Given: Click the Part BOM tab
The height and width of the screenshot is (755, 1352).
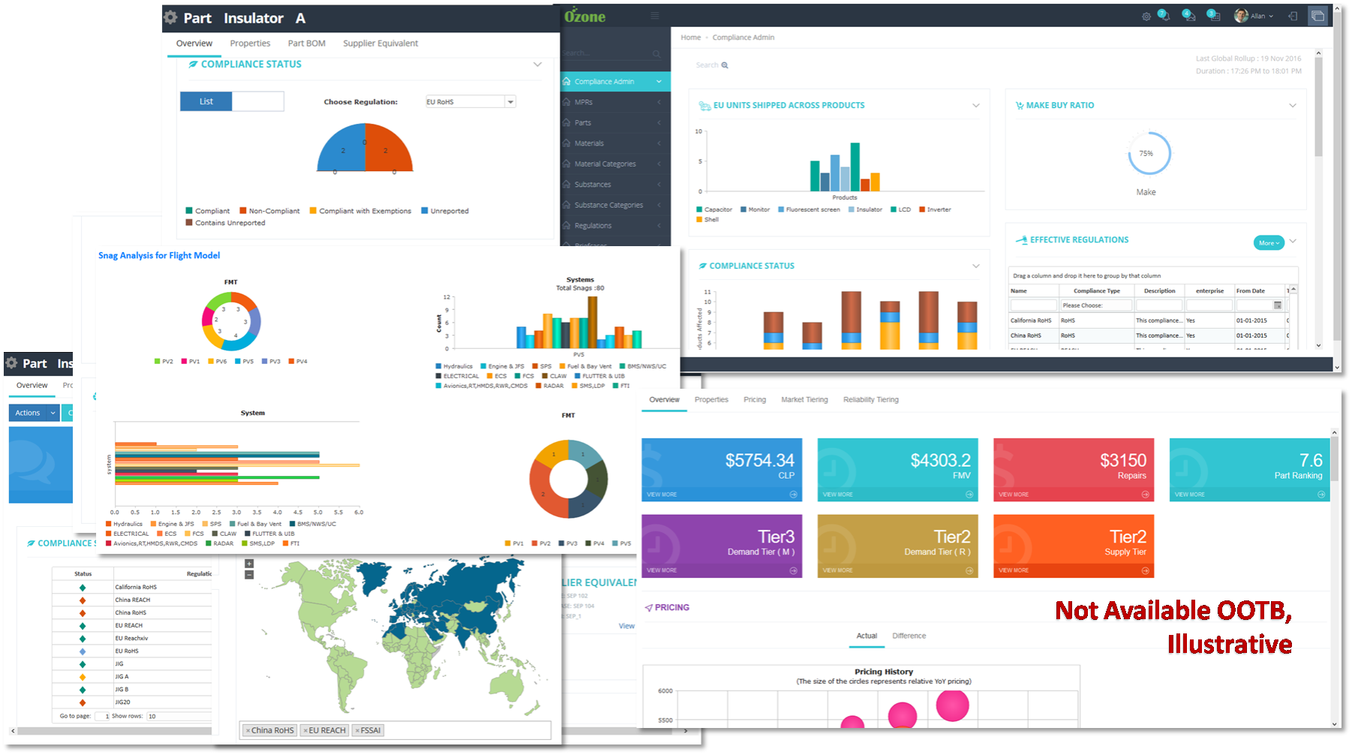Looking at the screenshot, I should pos(306,44).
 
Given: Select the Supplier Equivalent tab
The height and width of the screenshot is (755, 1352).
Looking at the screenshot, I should pos(380,44).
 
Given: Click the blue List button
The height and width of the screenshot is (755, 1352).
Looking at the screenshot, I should pos(206,101).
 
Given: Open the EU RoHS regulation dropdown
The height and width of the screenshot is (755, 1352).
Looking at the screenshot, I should pos(510,102).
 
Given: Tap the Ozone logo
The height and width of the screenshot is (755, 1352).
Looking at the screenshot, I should pos(584,16).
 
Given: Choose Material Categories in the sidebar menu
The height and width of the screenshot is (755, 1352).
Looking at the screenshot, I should pos(605,164).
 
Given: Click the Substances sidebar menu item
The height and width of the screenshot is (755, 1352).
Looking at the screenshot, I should pos(593,185).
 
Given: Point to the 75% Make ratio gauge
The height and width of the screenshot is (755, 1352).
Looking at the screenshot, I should pos(1148,154).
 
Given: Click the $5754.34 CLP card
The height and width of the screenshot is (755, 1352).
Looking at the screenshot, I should pos(721,469).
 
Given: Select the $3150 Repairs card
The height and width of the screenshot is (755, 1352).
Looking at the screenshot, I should pos(1073,469).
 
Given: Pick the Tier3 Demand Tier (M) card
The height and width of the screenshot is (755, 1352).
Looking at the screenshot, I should pos(721,546).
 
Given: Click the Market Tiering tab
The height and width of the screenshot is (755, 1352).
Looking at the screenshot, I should pos(804,400).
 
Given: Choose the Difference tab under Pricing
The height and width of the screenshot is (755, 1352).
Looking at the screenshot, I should pos(909,636).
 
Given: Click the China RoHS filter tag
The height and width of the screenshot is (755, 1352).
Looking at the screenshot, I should pos(272,730).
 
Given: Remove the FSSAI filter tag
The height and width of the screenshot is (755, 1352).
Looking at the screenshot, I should pos(358,730).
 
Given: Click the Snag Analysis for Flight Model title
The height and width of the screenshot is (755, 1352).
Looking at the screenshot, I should pos(159,256).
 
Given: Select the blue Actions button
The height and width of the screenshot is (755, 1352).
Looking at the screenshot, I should pos(28,413).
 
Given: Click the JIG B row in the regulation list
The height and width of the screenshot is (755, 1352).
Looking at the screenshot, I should pos(122,689).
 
